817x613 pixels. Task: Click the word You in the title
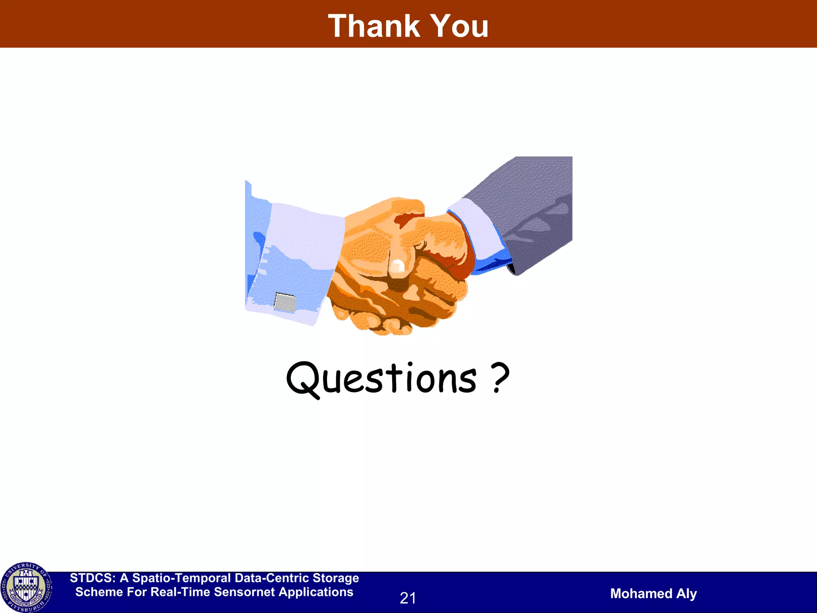460,26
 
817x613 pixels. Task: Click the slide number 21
408,598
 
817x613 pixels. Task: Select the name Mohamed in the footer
641,593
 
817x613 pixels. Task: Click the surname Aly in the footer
687,593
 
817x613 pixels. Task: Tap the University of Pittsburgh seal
26,587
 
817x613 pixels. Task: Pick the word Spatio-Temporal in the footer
182,578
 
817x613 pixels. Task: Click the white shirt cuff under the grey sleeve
477,227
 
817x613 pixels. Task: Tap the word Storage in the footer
335,578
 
